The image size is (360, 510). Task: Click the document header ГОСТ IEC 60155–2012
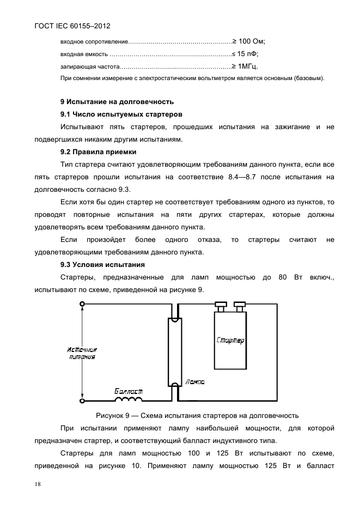click(69, 25)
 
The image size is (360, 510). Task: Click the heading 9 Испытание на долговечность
click(117, 101)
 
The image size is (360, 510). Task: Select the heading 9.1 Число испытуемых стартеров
click(120, 114)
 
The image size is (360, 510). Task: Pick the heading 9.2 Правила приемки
click(98, 151)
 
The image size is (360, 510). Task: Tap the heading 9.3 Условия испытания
click(102, 265)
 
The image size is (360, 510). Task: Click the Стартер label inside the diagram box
click(230, 341)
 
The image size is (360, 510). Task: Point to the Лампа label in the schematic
click(195, 382)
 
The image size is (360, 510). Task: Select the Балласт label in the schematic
click(129, 391)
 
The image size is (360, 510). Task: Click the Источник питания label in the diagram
click(82, 353)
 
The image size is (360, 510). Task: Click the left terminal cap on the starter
click(220, 305)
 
